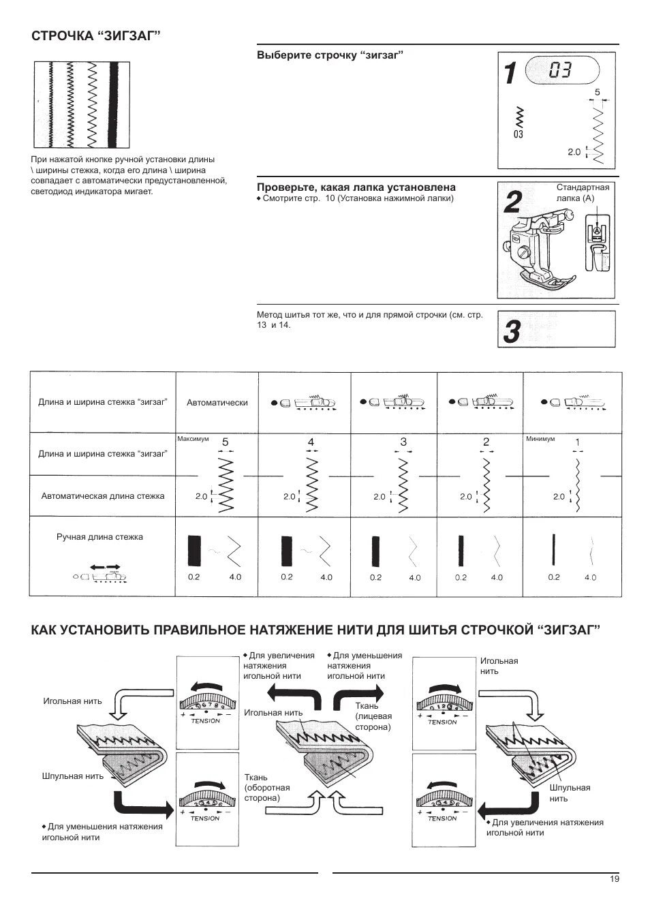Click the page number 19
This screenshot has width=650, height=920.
pos(615,879)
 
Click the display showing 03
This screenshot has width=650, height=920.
pos(561,70)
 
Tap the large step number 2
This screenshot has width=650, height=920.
pos(513,204)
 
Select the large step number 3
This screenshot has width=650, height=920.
pos(512,332)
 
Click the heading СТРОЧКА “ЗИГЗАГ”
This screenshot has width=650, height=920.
pos(96,36)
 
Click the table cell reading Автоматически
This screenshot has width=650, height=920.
pos(217,403)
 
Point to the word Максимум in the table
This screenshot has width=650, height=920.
pos(193,439)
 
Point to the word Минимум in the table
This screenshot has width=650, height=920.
pos(540,439)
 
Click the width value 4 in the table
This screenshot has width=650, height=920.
pos(311,442)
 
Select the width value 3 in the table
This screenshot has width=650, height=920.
pos(403,442)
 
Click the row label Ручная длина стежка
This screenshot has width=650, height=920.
pos(99,537)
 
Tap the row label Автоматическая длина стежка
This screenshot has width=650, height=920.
pos(102,496)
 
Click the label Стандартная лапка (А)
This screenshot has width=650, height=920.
pos(583,192)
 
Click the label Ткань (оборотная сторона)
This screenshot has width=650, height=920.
pos(262,787)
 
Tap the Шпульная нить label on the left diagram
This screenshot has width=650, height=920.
pos(72,776)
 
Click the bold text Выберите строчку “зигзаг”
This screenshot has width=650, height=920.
pos(330,55)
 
